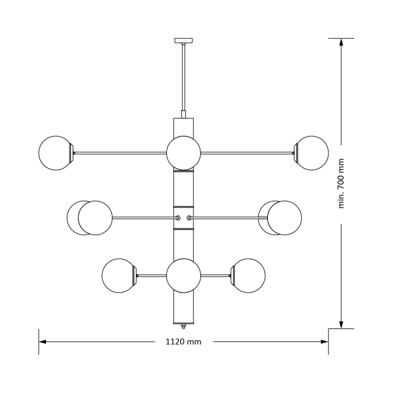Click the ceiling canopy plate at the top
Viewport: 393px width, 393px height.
[x=184, y=40]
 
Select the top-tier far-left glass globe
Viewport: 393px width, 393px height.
[x=55, y=153]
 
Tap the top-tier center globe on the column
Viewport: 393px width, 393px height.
[x=184, y=153]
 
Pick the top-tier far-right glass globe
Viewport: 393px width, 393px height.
[x=312, y=153]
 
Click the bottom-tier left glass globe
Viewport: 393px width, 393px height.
[x=119, y=276]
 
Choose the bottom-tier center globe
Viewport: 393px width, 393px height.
[x=184, y=276]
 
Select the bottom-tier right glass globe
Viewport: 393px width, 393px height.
[x=248, y=276]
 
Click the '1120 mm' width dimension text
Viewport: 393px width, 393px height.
[x=184, y=341]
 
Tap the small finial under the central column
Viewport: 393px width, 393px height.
[x=184, y=327]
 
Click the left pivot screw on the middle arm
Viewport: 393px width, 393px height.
[x=178, y=218]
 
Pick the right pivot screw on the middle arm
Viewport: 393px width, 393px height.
[x=189, y=218]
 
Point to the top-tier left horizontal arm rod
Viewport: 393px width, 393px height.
[x=121, y=153]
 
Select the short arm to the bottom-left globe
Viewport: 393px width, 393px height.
[x=152, y=276]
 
